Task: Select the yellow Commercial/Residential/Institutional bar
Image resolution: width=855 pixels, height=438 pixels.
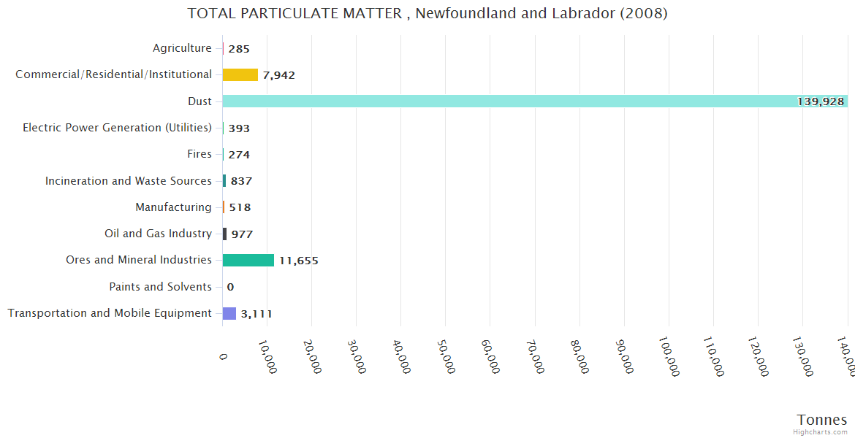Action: tap(240, 74)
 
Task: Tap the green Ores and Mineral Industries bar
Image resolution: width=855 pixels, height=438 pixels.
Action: tap(248, 261)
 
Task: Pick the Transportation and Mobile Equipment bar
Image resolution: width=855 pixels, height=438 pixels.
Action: tap(229, 313)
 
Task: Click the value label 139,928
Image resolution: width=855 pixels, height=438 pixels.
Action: tap(821, 101)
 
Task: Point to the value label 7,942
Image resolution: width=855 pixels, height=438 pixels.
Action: tap(278, 75)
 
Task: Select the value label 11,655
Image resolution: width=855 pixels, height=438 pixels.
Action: tap(298, 261)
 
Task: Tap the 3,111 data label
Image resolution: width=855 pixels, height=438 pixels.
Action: tap(256, 314)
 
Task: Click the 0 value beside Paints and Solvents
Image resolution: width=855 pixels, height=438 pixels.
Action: tap(230, 287)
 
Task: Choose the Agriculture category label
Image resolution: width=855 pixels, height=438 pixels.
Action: tap(182, 48)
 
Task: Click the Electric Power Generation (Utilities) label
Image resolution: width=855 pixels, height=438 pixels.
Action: tap(117, 128)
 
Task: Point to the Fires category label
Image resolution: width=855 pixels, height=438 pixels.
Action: tap(199, 154)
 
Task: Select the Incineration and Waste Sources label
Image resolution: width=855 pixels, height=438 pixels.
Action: tap(129, 181)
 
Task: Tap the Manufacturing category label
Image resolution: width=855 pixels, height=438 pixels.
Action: tap(173, 207)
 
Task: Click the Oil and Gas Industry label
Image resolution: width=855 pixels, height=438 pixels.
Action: tap(158, 234)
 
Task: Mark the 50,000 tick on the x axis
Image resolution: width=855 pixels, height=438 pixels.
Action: tap(446, 357)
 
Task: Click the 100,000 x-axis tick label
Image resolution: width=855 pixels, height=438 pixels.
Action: tap(669, 357)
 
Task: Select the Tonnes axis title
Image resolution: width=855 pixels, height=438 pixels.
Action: tap(821, 420)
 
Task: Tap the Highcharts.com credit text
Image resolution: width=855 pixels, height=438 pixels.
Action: tap(821, 432)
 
